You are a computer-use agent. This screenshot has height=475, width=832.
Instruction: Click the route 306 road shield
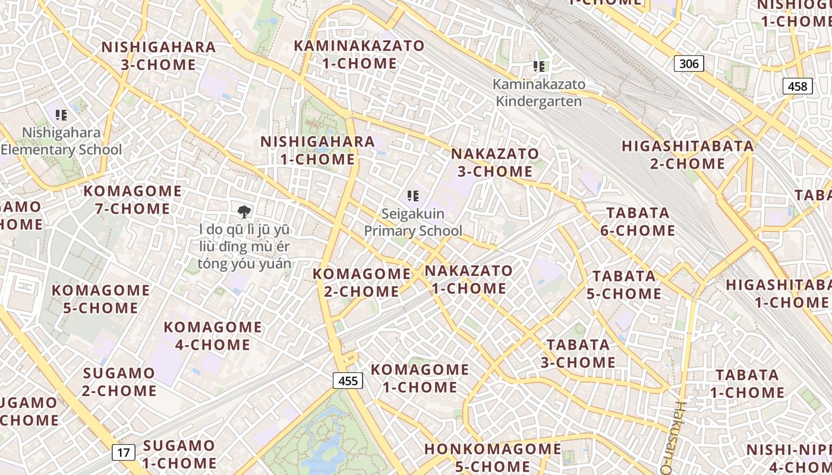[689, 64]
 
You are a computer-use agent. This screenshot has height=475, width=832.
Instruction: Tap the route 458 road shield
[797, 86]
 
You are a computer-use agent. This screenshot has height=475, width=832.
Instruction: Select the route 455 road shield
[348, 380]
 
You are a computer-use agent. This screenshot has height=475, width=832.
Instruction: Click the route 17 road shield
[123, 452]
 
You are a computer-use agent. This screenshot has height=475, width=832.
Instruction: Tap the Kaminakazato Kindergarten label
[539, 93]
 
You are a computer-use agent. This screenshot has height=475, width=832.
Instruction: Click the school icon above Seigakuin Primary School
[413, 196]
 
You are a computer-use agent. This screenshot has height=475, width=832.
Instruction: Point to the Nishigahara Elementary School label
[61, 141]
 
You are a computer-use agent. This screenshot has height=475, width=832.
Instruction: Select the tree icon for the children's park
[244, 212]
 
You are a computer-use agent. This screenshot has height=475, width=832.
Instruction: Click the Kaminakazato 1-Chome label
[360, 55]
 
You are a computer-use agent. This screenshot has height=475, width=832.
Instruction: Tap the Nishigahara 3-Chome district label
[159, 56]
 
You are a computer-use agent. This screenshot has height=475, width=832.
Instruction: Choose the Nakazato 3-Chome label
[495, 163]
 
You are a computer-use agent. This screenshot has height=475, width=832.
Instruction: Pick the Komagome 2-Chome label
[362, 283]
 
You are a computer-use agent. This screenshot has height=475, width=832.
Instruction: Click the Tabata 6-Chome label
[638, 221]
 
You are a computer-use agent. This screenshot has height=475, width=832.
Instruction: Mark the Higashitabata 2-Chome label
[688, 154]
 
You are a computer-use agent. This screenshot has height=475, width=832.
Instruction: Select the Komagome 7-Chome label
[133, 199]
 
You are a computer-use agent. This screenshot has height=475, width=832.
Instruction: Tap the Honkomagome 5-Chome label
[493, 457]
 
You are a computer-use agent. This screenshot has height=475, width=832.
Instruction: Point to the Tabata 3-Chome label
[578, 353]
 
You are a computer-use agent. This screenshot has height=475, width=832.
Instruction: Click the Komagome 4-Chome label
[213, 335]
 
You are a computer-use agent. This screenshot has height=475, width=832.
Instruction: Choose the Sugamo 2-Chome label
[119, 382]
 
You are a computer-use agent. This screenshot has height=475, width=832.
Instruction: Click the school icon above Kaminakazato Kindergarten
[539, 66]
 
